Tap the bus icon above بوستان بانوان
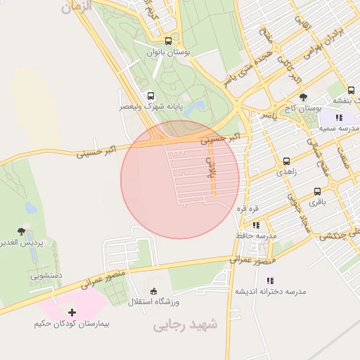click(x=168, y=40)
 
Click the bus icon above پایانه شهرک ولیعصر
click(x=150, y=96)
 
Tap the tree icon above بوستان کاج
click(x=303, y=98)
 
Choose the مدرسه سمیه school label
click(x=338, y=129)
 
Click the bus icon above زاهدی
click(x=286, y=161)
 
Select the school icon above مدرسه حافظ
click(x=257, y=225)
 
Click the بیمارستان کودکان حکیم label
click(x=72, y=324)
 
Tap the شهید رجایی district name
click(x=186, y=325)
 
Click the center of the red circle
click(x=180, y=179)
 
